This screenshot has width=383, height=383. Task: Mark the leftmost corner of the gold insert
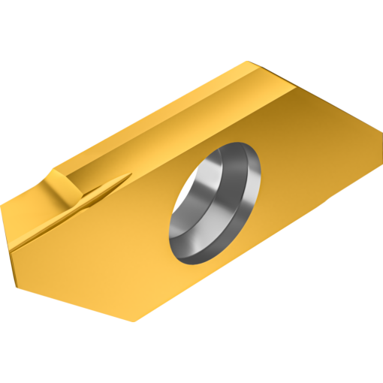(x=2, y=204)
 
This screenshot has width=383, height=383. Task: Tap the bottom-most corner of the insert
(x=134, y=321)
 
